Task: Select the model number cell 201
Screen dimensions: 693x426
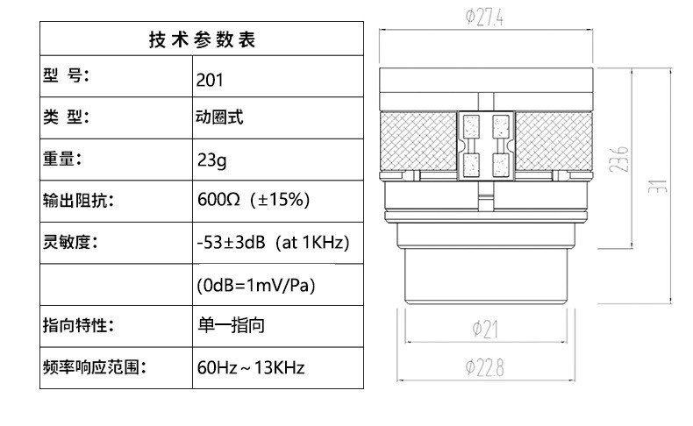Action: pyautogui.click(x=210, y=80)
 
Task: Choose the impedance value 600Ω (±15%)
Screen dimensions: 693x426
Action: pyautogui.click(x=254, y=201)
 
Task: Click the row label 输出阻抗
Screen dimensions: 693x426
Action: pyautogui.click(x=79, y=201)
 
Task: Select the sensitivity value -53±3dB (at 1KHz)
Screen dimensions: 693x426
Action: pyautogui.click(x=273, y=243)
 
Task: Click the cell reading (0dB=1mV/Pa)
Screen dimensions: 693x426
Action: pyautogui.click(x=254, y=285)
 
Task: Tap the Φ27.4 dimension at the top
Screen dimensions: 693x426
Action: pyautogui.click(x=487, y=17)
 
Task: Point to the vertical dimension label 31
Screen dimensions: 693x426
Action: pyautogui.click(x=663, y=187)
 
